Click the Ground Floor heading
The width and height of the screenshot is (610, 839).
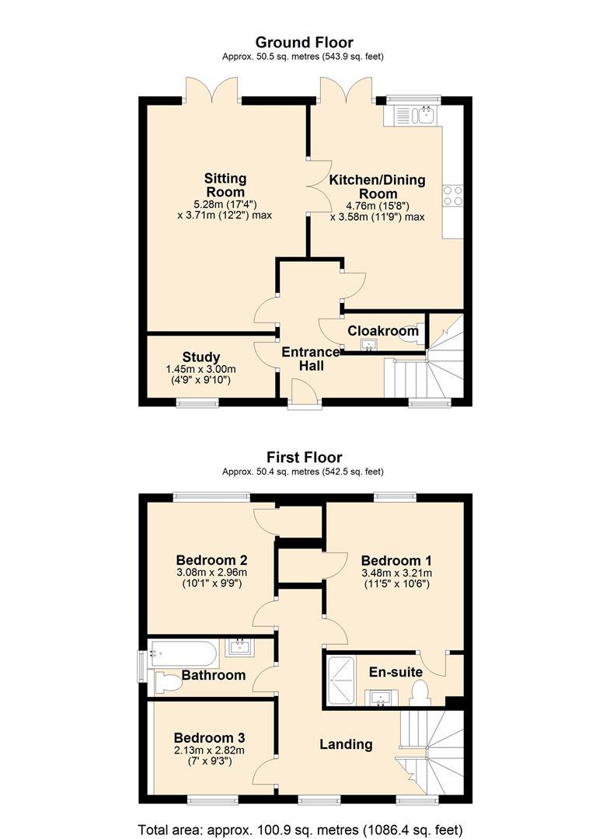304,42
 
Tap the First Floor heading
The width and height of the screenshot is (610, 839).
304,458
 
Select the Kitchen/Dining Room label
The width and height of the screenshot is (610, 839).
377,186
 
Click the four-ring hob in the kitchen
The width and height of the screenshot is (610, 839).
453,195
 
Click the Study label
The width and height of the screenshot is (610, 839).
201,357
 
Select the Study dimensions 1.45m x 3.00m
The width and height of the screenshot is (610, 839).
201,369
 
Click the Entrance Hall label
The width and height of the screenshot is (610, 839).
311,358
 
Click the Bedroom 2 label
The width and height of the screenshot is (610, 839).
211,560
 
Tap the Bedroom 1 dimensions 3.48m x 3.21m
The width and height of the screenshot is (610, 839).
396,573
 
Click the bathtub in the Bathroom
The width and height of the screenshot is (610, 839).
183,653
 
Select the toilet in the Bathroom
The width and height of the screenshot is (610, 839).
168,684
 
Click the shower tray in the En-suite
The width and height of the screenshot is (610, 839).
340,678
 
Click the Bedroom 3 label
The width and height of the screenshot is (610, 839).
209,738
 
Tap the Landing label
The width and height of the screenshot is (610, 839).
347,744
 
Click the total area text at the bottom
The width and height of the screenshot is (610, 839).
300,830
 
